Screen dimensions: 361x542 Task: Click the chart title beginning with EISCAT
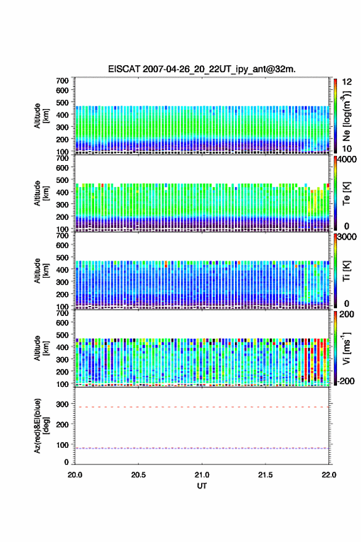point(202,69)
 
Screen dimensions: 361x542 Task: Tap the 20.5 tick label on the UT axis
point(138,475)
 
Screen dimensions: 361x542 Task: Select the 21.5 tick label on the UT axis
point(265,475)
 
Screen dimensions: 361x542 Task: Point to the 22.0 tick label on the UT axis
point(328,475)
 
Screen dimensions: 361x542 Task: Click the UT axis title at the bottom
point(202,486)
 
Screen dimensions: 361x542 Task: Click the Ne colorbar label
point(347,116)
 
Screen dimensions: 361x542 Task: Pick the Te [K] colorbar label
point(346,193)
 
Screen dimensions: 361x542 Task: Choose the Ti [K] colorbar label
point(346,271)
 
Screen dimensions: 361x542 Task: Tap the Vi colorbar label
point(346,348)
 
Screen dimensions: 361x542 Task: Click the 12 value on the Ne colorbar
point(347,82)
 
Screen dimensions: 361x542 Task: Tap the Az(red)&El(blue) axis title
point(42,426)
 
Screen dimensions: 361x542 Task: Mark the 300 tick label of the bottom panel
point(62,404)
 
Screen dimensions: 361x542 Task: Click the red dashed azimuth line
point(202,407)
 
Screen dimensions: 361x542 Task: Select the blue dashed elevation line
point(202,448)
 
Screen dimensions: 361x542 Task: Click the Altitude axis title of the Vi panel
point(41,349)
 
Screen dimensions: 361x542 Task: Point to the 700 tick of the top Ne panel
point(62,81)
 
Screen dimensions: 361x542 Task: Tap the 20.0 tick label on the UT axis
point(75,475)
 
